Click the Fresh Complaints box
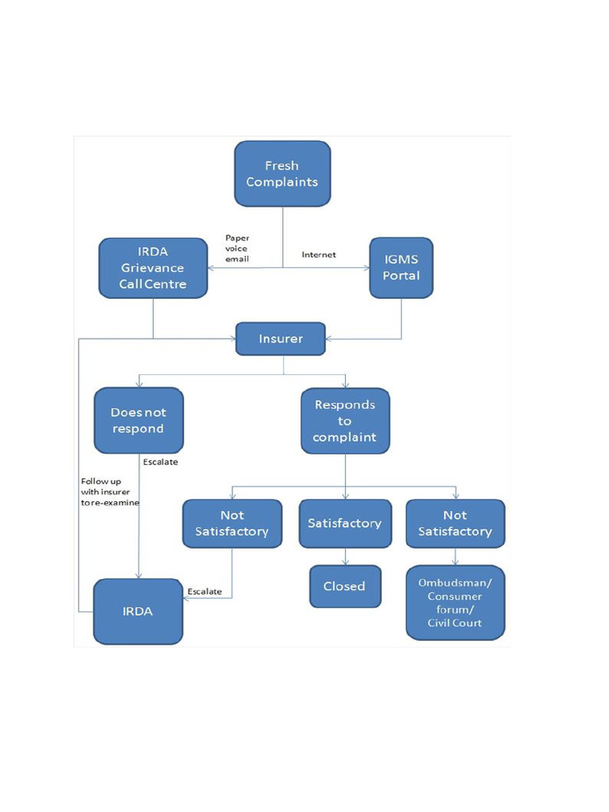pyautogui.click(x=282, y=174)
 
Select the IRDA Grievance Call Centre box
pyautogui.click(x=153, y=268)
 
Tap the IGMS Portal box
pyautogui.click(x=401, y=268)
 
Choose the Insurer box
pyautogui.click(x=281, y=339)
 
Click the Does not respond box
pyautogui.click(x=138, y=420)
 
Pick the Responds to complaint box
pyautogui.click(x=345, y=420)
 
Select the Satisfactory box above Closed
pyautogui.click(x=345, y=523)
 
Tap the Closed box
pyautogui.click(x=345, y=586)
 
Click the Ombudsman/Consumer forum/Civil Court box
pyautogui.click(x=455, y=602)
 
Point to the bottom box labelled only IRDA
pyautogui.click(x=138, y=611)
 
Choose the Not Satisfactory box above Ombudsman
pyautogui.click(x=455, y=523)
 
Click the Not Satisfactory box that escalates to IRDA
pyautogui.click(x=232, y=523)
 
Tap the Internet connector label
pyautogui.click(x=319, y=255)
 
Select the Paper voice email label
pyautogui.click(x=237, y=248)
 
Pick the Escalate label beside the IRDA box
pyautogui.click(x=205, y=592)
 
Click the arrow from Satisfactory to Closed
pyautogui.click(x=345, y=557)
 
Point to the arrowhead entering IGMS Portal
pyautogui.click(x=366, y=268)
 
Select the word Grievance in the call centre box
pyautogui.click(x=153, y=268)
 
